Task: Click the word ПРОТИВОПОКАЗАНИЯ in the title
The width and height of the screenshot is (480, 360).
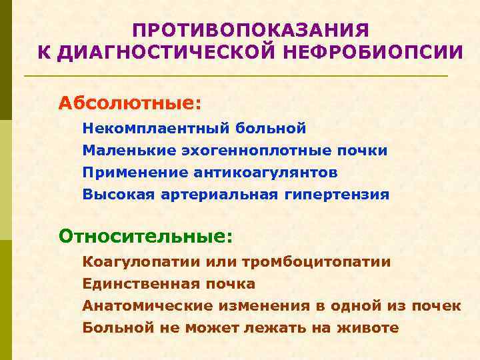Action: tap(250, 31)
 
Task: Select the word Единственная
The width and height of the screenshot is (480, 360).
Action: tap(139, 284)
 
